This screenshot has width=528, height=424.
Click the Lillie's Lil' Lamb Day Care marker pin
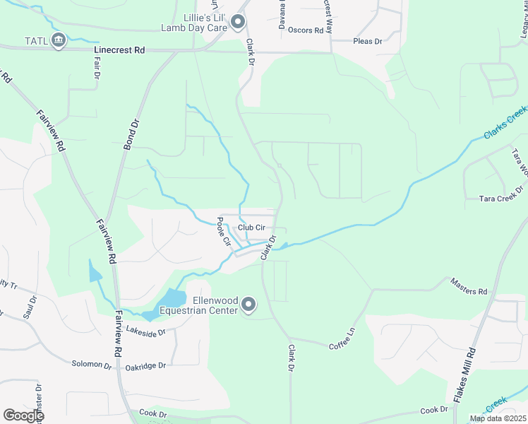pos(238,23)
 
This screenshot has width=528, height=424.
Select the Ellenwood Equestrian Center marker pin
pos(248,305)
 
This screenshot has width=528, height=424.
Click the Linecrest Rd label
pos(119,51)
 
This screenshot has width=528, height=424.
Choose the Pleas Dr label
pos(367,42)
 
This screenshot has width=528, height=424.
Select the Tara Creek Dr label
pos(499,199)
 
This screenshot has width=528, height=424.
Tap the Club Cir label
pos(251,227)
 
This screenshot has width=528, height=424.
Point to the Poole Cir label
pos(223,231)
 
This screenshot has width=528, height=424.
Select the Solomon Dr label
pos(92,365)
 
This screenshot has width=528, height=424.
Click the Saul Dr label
pos(30,307)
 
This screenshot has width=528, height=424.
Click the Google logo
pos(23,416)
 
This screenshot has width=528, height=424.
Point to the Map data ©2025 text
pos(497,418)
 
